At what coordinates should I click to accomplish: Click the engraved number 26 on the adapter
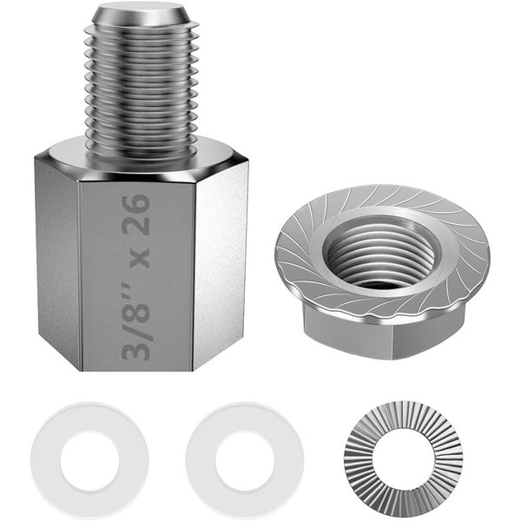(135, 215)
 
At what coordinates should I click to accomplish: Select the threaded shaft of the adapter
(142, 87)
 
